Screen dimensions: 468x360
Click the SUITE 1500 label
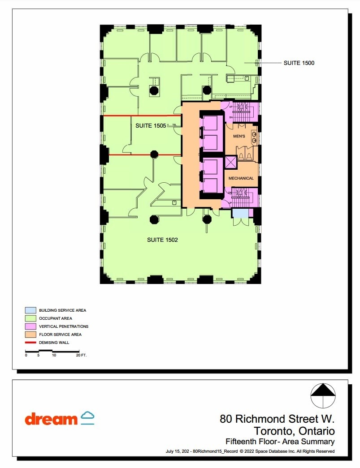click(x=299, y=63)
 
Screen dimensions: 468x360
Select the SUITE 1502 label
click(x=162, y=240)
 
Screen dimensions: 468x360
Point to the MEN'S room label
click(x=239, y=136)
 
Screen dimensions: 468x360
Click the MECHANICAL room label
click(x=241, y=178)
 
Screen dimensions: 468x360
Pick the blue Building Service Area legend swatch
click(x=30, y=310)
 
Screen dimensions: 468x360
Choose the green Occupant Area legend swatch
click(x=30, y=318)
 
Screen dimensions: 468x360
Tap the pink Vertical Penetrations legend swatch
click(x=30, y=326)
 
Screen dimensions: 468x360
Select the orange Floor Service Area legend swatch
click(x=30, y=334)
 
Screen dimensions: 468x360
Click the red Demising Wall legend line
click(x=30, y=343)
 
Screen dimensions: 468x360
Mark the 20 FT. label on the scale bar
click(x=81, y=355)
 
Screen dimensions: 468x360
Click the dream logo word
click(x=51, y=420)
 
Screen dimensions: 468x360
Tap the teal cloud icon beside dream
click(x=87, y=417)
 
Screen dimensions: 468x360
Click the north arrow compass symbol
click(x=323, y=396)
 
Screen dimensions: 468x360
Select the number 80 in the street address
click(x=226, y=420)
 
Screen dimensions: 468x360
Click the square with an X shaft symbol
click(x=230, y=162)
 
